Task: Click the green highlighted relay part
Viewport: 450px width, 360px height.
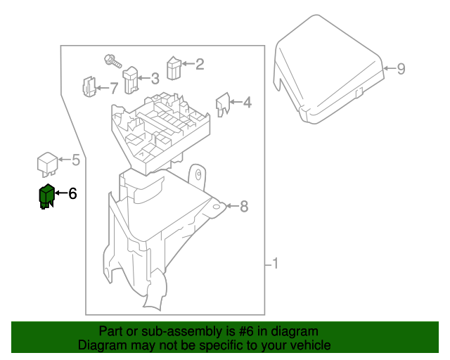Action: (x=47, y=196)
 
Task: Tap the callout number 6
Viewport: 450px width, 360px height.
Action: (x=72, y=193)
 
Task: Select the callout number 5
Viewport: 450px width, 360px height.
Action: (x=76, y=161)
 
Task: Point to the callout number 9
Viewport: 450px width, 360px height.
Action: (x=401, y=69)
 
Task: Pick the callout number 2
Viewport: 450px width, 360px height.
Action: (x=200, y=65)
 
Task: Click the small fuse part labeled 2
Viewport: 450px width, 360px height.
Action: (x=174, y=67)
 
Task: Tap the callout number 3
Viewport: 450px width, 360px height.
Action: (x=155, y=79)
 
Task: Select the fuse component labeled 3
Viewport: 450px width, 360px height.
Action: (x=131, y=79)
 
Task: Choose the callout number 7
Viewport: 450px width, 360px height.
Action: (x=114, y=89)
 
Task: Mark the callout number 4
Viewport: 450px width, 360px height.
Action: (x=247, y=103)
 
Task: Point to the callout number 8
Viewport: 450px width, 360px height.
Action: (x=244, y=207)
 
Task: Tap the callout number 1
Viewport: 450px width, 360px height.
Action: (x=276, y=264)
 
